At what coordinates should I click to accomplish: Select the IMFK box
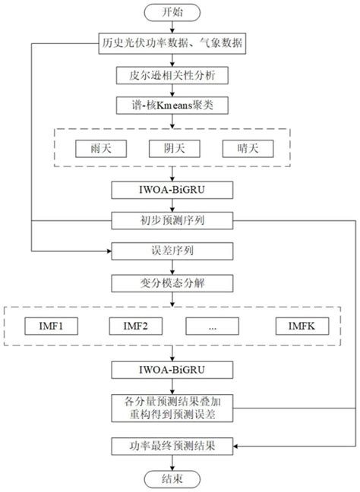click(297, 326)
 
